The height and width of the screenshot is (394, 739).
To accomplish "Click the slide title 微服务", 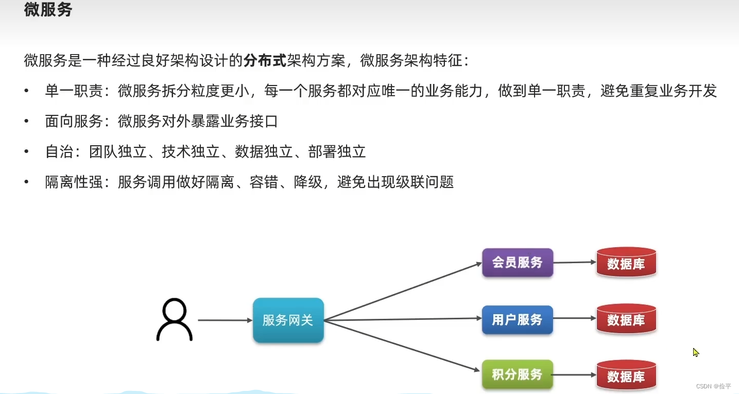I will (x=48, y=10).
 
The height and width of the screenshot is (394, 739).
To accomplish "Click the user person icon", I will (x=174, y=319).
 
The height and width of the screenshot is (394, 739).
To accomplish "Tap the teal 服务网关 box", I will (x=288, y=320).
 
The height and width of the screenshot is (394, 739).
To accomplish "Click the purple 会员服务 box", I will (x=517, y=263).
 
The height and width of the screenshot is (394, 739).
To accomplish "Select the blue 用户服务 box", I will (x=517, y=320).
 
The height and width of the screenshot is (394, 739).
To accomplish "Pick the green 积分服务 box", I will (x=517, y=374).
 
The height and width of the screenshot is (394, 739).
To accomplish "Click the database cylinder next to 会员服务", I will (x=626, y=263).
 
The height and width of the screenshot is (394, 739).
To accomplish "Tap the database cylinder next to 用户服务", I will (x=626, y=319).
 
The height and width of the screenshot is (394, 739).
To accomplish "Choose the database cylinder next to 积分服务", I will (x=626, y=375).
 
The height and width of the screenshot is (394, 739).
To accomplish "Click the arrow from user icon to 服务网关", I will (x=225, y=320).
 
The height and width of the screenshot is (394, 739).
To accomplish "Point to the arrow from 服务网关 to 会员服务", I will (x=402, y=292).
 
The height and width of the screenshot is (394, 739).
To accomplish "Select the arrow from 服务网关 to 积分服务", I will (x=402, y=346).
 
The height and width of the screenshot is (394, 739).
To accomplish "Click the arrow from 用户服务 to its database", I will (x=574, y=318).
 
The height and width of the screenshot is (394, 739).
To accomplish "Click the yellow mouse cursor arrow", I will (x=696, y=352).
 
